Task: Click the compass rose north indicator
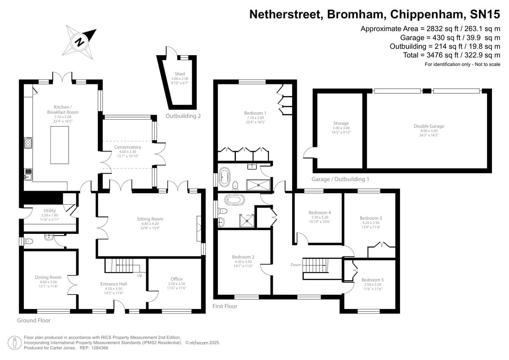[79, 42]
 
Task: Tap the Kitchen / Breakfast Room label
[63, 110]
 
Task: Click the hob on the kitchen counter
[28, 143]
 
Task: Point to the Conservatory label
[127, 147]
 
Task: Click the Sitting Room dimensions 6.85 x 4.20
[150, 224]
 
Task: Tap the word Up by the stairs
[140, 275]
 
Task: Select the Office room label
[176, 279]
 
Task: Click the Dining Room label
[48, 277]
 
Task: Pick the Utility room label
[50, 211]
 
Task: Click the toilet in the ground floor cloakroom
[28, 242]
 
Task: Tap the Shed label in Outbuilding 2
[179, 74]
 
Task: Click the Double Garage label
[429, 126]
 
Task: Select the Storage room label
[341, 124]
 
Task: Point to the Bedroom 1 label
[254, 112]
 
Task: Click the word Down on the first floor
[296, 264]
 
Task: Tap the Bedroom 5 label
[372, 280]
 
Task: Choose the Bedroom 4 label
[319, 212]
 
